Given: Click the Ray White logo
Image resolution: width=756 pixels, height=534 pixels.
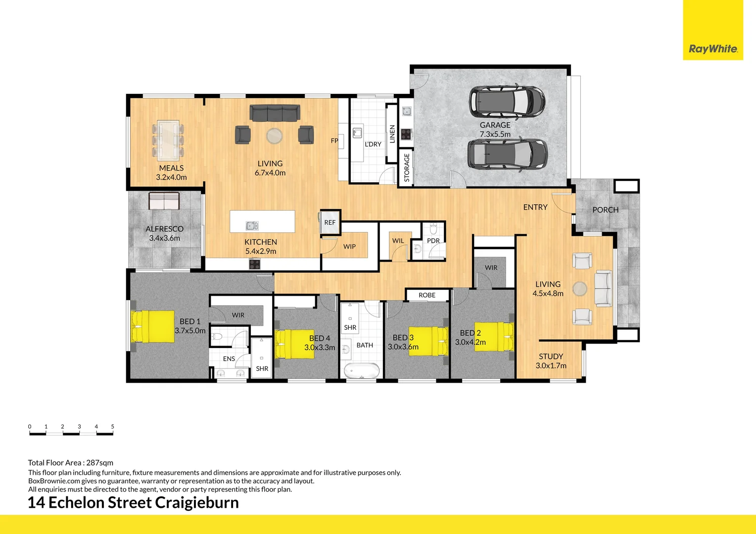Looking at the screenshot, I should point(713,48).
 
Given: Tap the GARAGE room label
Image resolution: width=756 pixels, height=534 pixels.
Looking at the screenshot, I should point(495,125).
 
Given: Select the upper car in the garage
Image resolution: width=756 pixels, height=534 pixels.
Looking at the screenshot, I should point(507,101).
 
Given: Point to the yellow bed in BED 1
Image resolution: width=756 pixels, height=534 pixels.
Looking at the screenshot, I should point(152,326).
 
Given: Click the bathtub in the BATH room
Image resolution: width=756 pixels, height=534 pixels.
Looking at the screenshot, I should point(362,370).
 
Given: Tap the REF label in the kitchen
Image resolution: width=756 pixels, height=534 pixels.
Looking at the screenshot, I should point(330,222).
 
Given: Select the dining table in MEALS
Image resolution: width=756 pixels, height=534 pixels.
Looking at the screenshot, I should point(168,138).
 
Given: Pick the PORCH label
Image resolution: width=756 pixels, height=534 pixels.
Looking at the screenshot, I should point(605,210).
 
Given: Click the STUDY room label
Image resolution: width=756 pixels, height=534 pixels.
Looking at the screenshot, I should point(551,356).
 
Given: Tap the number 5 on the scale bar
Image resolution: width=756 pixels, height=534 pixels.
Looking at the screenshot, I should point(112,426).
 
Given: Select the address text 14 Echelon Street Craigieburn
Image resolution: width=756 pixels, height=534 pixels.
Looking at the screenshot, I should point(133,502).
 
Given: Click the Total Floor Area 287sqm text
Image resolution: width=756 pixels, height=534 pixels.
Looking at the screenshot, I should point(70,463).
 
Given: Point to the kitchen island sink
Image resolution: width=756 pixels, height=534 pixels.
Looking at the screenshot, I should point(252,226).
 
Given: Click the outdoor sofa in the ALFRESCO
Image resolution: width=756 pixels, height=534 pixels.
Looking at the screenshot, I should point(164,201).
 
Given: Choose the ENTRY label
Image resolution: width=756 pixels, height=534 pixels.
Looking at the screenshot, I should point(535,207).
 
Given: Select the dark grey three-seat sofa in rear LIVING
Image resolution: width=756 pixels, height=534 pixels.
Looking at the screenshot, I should point(275,113).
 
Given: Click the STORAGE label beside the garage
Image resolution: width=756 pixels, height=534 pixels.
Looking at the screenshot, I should point(407,168).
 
